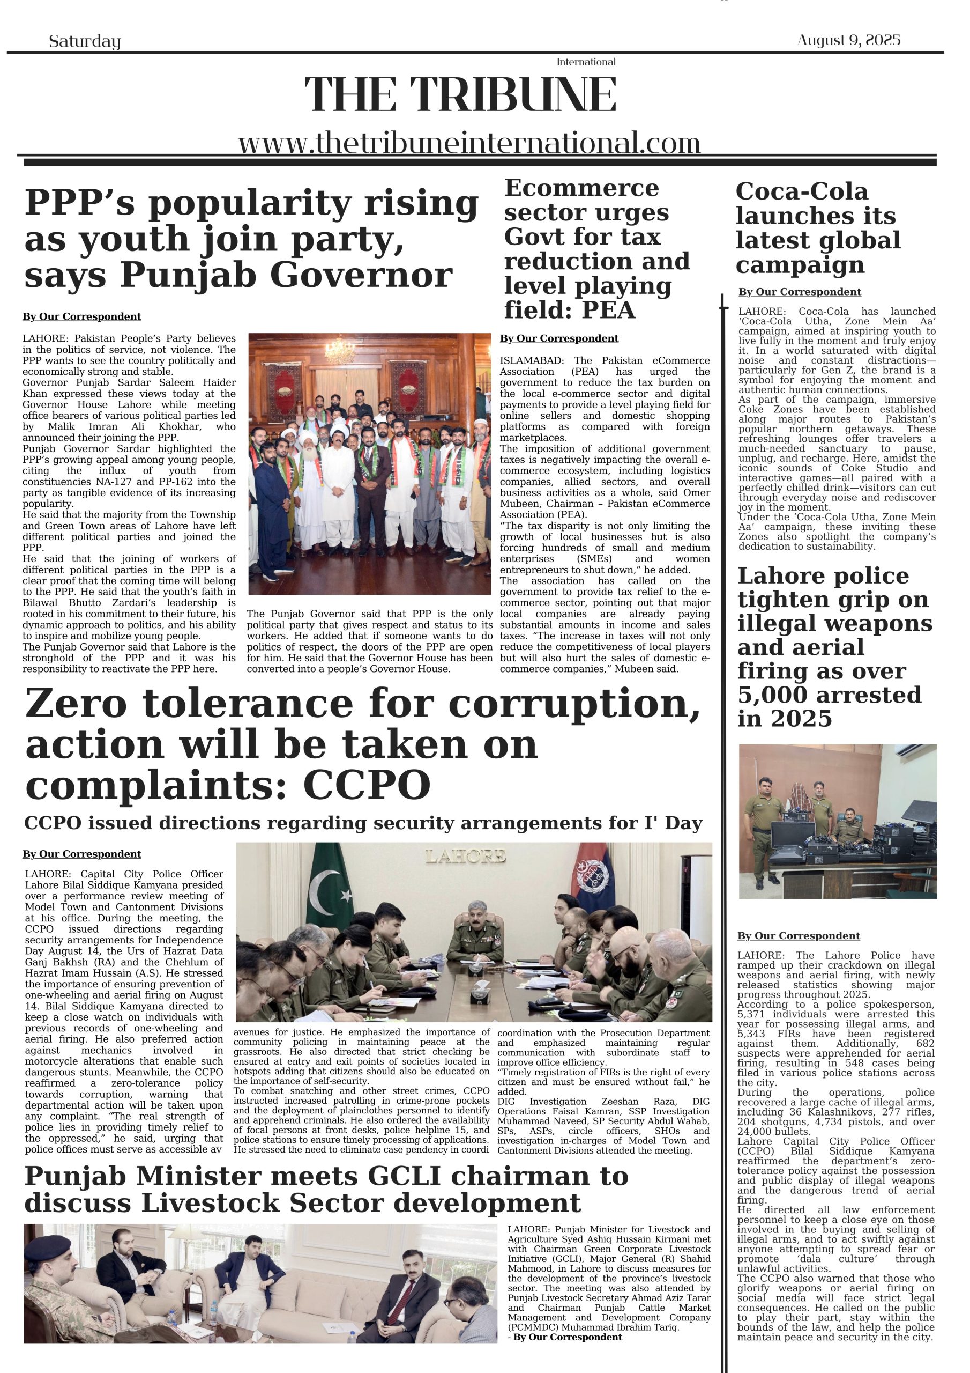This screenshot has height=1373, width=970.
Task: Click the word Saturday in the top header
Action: click(84, 41)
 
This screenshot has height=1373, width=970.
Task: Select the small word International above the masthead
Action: click(586, 62)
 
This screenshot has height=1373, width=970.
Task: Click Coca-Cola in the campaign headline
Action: click(802, 191)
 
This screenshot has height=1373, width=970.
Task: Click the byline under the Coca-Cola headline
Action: click(799, 292)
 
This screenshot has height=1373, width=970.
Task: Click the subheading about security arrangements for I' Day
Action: click(363, 823)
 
